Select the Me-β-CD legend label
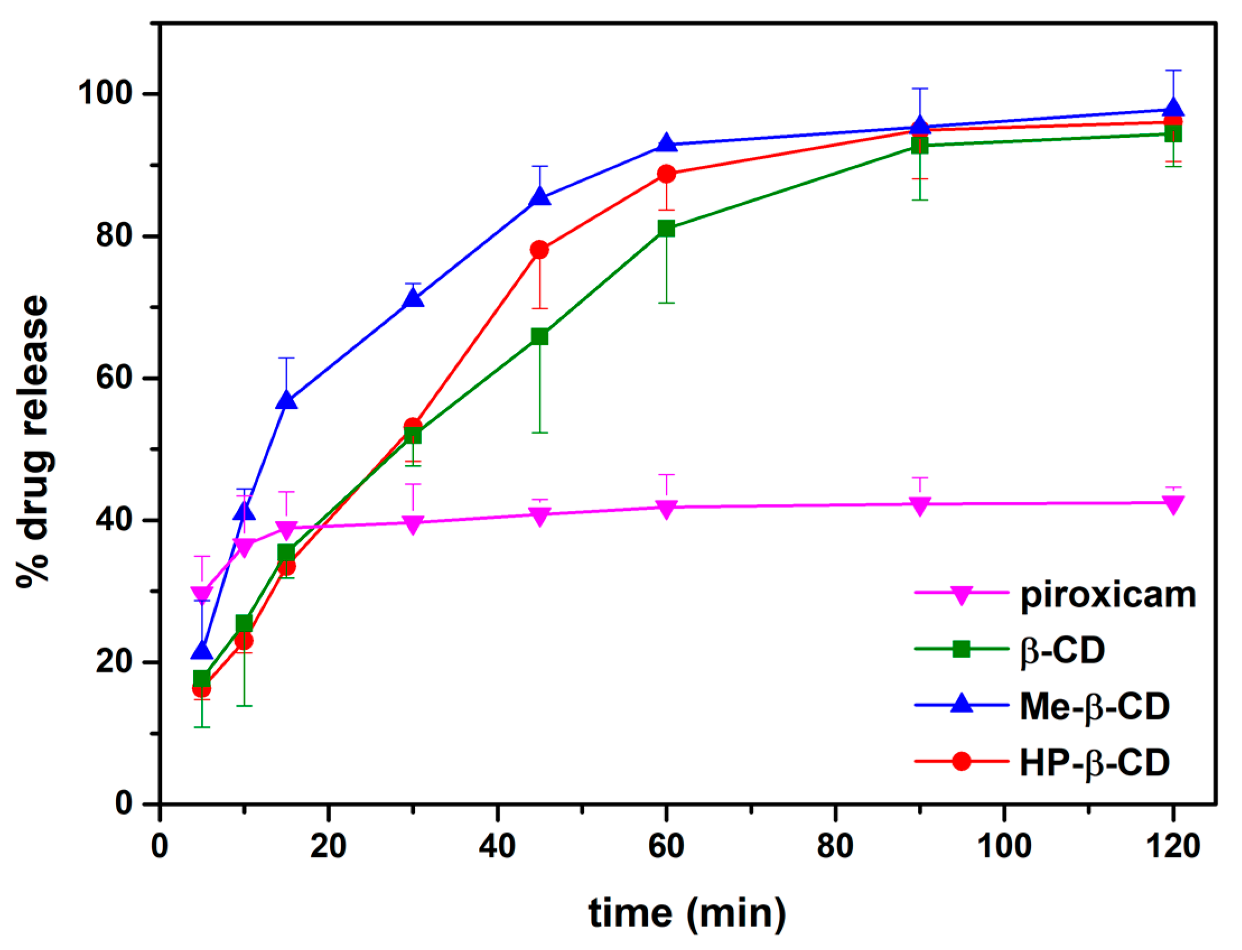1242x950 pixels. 1094,706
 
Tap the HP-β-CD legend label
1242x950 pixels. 1094,762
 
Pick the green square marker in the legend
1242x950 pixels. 960,649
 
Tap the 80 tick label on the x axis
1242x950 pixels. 835,847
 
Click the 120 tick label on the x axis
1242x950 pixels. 1172,847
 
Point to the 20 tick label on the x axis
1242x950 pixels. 329,847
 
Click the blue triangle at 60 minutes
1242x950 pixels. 666,143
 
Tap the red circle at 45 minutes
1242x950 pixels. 539,249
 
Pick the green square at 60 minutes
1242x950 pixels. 666,229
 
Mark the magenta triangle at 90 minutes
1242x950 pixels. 920,505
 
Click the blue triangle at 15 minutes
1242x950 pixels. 287,401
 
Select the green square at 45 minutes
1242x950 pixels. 539,337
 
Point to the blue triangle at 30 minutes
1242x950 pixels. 413,298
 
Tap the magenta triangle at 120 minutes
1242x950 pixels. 1173,504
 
